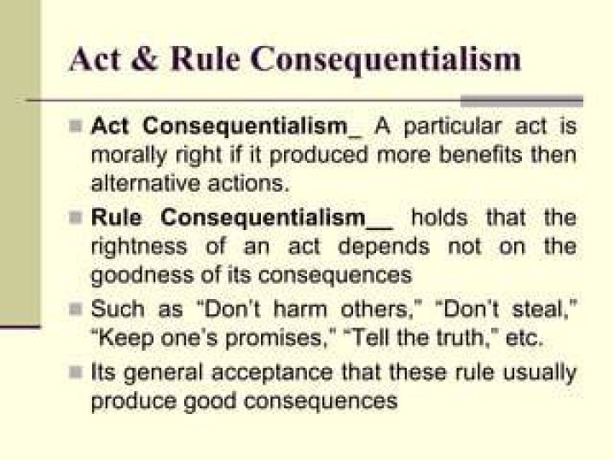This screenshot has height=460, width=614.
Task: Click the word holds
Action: pyautogui.click(x=439, y=217)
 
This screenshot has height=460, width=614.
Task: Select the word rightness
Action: pyautogui.click(x=139, y=248)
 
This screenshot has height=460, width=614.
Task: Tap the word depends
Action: pyautogui.click(x=384, y=248)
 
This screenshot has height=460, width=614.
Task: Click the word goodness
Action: pyautogui.click(x=142, y=276)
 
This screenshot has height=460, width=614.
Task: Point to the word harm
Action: pyautogui.click(x=300, y=309)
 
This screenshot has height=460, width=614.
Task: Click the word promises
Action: pyautogui.click(x=274, y=338)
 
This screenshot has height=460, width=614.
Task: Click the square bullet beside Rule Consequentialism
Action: pyautogui.click(x=76, y=217)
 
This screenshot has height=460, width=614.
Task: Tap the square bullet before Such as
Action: pyautogui.click(x=76, y=309)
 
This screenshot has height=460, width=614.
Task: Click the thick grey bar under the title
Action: pyautogui.click(x=522, y=101)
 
